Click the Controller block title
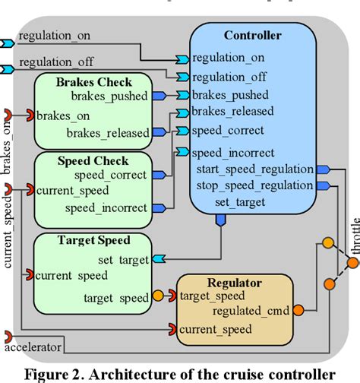(252, 35)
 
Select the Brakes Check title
(94, 82)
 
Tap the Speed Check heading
(93, 160)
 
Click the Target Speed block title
(94, 240)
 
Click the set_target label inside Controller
(239, 202)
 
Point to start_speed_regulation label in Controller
(254, 169)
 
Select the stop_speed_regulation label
(254, 185)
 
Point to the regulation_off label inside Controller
(229, 76)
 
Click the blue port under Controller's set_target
(221, 220)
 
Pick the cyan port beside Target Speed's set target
(158, 260)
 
